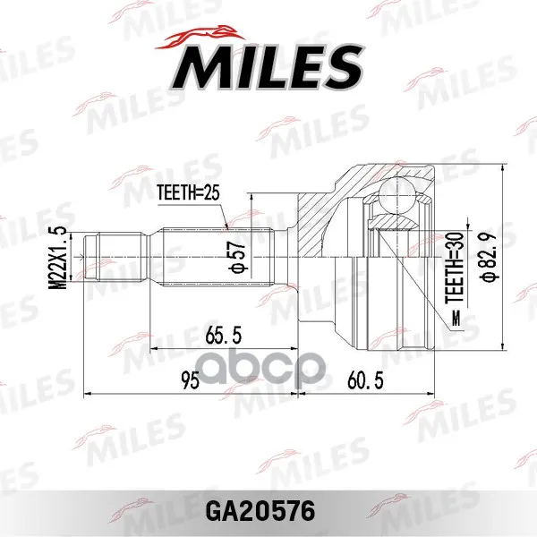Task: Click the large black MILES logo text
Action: click(268, 67)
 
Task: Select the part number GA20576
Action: click(260, 511)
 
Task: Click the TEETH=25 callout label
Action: click(188, 193)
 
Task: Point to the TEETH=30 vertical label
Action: click(455, 268)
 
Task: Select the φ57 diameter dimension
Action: click(238, 257)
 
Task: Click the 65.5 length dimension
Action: click(223, 335)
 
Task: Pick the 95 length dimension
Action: click(190, 380)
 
